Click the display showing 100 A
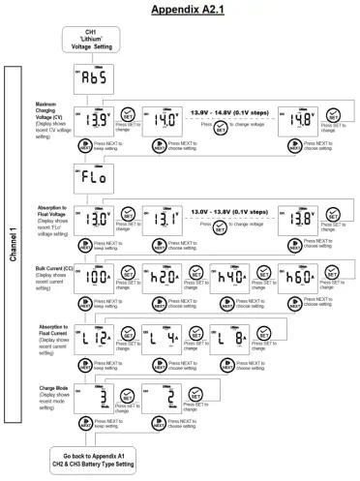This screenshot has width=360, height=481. point(96,274)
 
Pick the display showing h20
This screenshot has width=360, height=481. point(161,274)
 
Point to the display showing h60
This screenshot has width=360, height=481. point(295,274)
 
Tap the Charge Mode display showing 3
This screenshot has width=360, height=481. point(96,398)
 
